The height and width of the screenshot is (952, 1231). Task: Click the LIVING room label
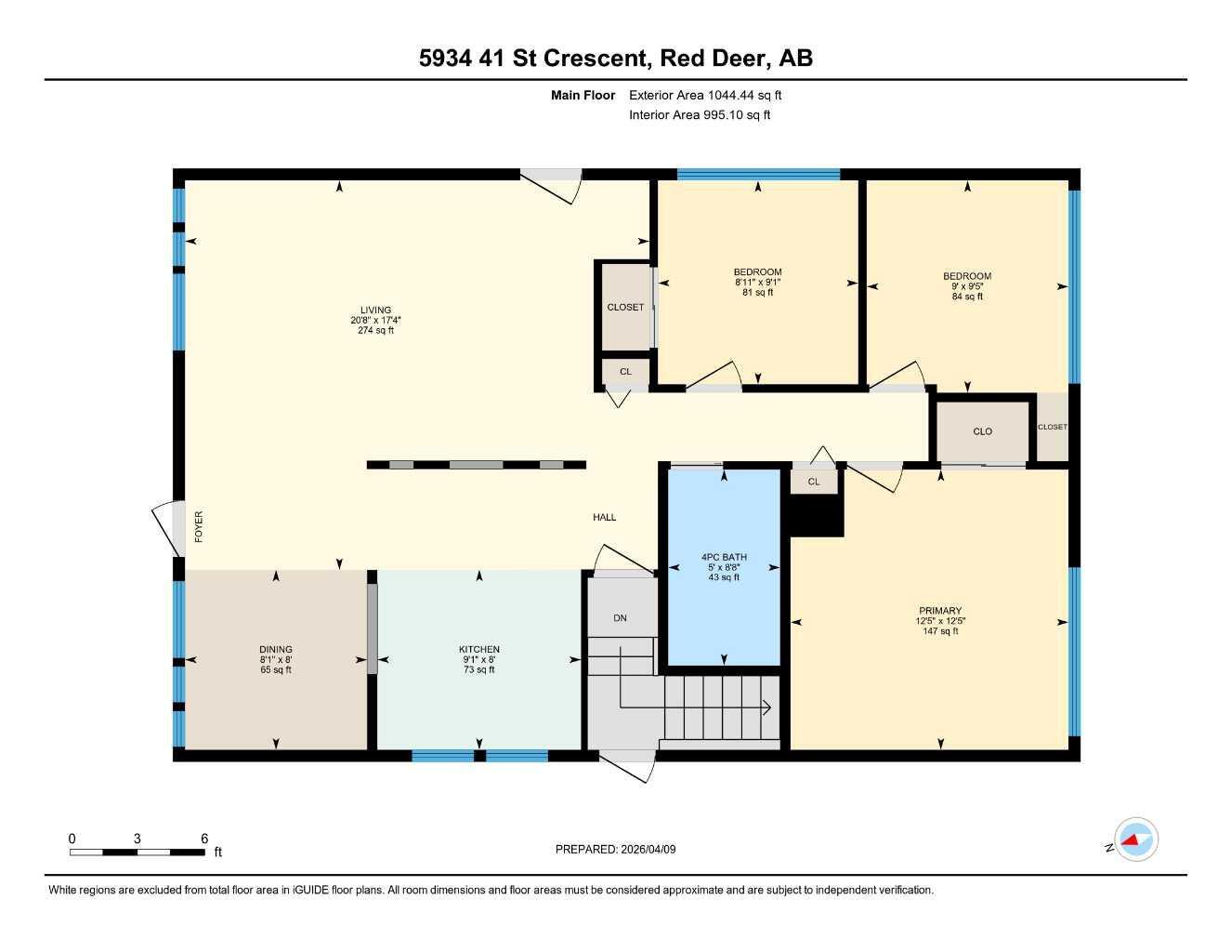376,311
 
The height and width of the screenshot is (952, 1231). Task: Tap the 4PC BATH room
724,558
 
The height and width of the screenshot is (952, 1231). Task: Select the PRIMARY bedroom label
940,611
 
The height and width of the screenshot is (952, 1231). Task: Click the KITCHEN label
479,650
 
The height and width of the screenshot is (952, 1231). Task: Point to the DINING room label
276,650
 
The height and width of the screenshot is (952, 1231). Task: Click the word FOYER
199,527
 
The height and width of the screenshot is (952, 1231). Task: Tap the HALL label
605,518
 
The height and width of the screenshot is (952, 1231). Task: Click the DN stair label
621,618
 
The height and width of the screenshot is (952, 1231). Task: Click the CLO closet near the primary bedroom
982,431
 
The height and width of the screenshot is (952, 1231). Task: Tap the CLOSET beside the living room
625,308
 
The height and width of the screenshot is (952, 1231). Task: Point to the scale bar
137,852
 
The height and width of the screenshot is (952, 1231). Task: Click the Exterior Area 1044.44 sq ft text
705,95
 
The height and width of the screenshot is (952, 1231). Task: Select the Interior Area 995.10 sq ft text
700,115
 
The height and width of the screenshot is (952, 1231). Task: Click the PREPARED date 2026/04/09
616,849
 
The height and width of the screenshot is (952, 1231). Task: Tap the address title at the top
615,58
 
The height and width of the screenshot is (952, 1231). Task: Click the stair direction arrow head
767,707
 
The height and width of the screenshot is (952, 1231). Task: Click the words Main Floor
583,95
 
